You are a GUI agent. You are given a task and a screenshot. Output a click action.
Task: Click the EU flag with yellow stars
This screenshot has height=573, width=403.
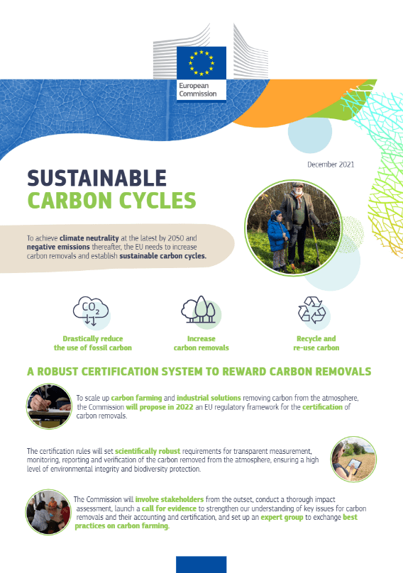pos(201,63)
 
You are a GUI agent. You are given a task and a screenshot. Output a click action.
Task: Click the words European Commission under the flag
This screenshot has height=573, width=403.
pos(197,89)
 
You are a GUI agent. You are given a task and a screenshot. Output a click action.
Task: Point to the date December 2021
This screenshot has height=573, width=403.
pos(331,165)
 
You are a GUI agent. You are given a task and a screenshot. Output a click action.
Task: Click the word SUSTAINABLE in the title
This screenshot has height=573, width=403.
pos(97,178)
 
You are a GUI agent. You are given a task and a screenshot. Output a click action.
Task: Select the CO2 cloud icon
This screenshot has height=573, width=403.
pos(91,311)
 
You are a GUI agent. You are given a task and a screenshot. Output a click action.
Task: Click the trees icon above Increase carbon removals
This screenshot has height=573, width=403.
pos(200,310)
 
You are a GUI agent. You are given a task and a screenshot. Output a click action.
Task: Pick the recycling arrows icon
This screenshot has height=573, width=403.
pos(312,310)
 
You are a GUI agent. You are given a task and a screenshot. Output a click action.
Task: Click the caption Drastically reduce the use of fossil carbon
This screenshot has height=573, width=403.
pos(92,343)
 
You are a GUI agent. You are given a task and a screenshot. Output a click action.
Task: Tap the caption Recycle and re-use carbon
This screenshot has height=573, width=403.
pos(316,343)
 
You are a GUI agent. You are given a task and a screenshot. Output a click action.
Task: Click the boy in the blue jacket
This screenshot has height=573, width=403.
pos(278,238)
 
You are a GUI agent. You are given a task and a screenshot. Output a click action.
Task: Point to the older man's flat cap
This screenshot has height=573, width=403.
pos(298,184)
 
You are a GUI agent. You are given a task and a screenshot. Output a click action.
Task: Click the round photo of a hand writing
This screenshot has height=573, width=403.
pos(50,406)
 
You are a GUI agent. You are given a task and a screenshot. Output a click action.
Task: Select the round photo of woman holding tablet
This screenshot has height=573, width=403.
pos(353,459)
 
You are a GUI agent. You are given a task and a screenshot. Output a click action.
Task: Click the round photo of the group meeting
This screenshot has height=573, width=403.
pos(48,512)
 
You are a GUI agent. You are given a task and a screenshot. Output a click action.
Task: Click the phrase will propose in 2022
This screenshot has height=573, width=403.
pos(160,407)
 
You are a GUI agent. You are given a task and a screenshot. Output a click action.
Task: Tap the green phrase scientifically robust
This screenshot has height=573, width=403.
pos(148,451)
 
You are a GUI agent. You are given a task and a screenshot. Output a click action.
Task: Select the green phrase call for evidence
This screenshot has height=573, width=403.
pos(169,508)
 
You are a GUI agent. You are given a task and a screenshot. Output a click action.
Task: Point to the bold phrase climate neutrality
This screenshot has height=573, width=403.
pos(89,238)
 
